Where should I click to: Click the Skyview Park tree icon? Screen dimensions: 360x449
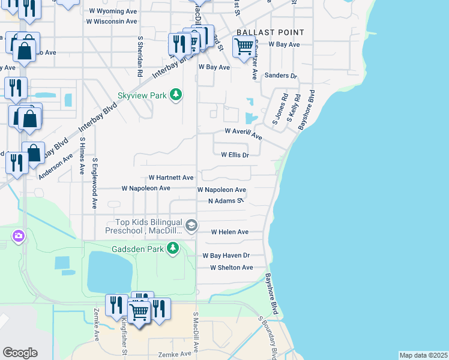[x=176, y=95]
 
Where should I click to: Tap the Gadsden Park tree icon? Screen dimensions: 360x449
[x=173, y=248]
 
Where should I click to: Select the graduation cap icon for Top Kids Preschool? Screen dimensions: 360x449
[x=191, y=226]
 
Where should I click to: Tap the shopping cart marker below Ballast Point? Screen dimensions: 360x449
[x=244, y=46]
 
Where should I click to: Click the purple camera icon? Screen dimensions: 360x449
[x=19, y=236]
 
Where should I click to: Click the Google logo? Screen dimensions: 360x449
[x=20, y=352]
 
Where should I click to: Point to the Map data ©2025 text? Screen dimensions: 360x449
[x=423, y=355]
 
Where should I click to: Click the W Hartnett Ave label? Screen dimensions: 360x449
[x=171, y=178]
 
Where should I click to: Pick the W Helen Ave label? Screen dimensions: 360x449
[x=229, y=232]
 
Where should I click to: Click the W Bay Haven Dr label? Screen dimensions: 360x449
[x=229, y=255]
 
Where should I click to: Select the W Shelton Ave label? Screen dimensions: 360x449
[x=231, y=267]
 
